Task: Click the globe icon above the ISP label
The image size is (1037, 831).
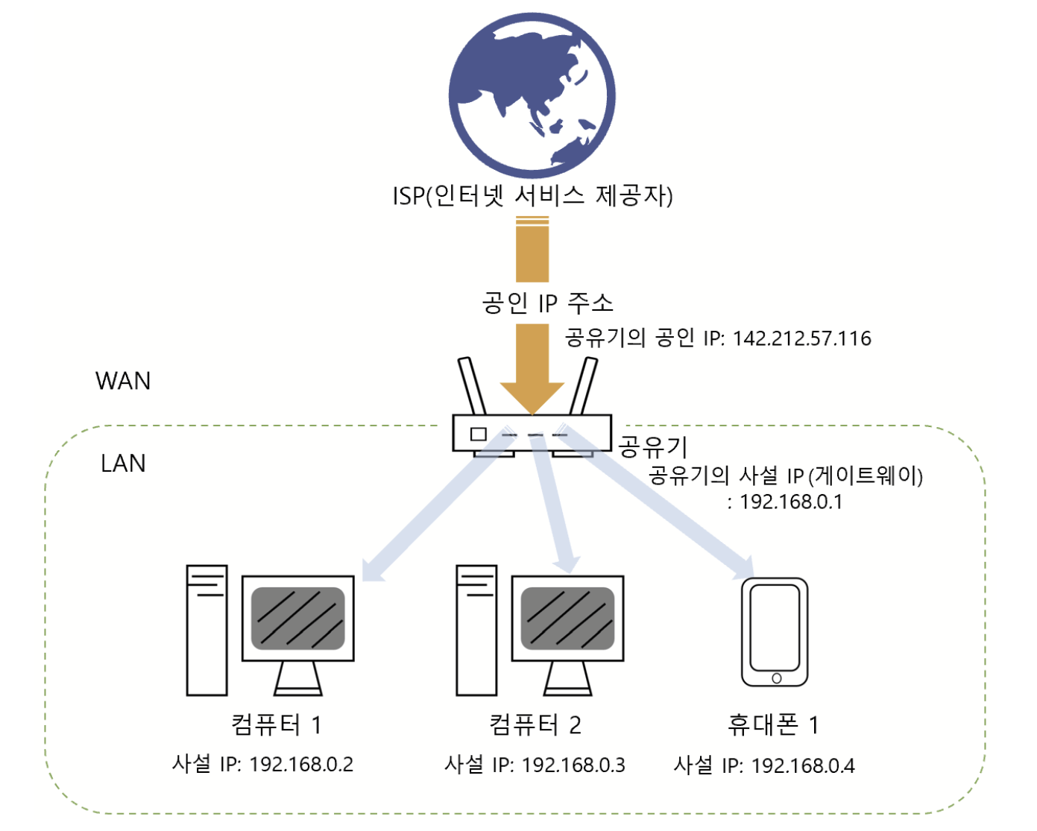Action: pyautogui.click(x=532, y=95)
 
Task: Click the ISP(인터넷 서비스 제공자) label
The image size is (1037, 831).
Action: pyautogui.click(x=532, y=196)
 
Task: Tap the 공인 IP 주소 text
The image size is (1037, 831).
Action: pyautogui.click(x=547, y=303)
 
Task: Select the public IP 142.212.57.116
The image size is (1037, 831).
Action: pyautogui.click(x=801, y=338)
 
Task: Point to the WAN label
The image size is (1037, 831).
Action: pyautogui.click(x=123, y=381)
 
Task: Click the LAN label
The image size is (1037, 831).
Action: pyautogui.click(x=123, y=464)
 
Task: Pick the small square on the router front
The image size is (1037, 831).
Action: pyautogui.click(x=478, y=433)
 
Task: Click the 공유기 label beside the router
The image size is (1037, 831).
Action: pyautogui.click(x=653, y=446)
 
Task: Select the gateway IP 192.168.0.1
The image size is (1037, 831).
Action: pyautogui.click(x=790, y=502)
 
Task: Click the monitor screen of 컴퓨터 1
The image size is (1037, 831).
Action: pyautogui.click(x=298, y=618)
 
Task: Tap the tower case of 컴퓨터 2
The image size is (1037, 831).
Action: pyautogui.click(x=476, y=630)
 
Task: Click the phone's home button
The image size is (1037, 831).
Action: pyautogui.click(x=776, y=678)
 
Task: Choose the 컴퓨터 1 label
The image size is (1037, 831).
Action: pyautogui.click(x=276, y=724)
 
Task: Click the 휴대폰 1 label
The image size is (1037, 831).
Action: pyautogui.click(x=772, y=724)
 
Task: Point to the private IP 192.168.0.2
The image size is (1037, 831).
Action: pyautogui.click(x=301, y=764)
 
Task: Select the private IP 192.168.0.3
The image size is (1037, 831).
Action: pyautogui.click(x=573, y=765)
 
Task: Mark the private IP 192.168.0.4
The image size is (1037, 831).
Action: pyautogui.click(x=803, y=765)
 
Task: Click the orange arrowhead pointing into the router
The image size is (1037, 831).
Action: pyautogui.click(x=532, y=397)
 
